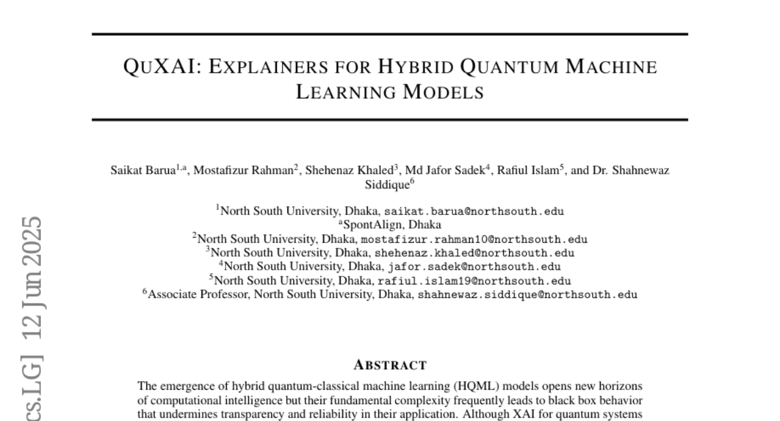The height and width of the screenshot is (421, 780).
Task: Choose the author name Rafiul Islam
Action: pyautogui.click(x=532, y=171)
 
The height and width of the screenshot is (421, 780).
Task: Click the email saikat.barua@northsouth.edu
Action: pyautogui.click(x=474, y=212)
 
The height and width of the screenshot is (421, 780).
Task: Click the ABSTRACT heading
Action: pyautogui.click(x=390, y=364)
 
